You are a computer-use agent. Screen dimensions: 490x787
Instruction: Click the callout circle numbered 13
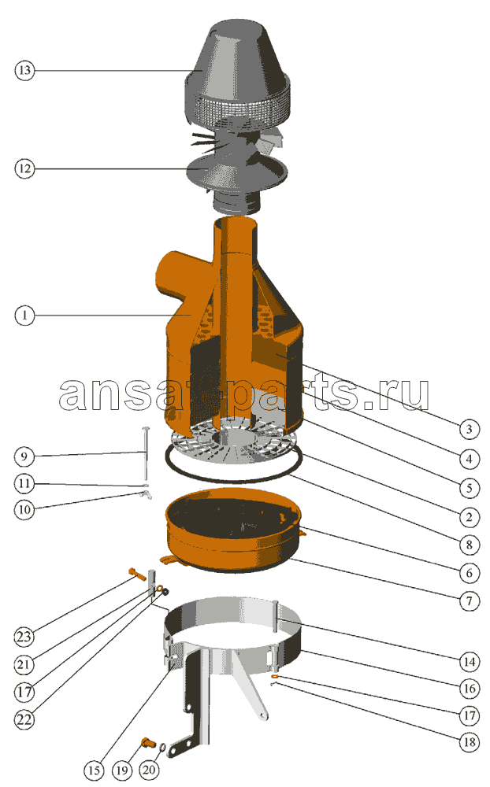pos(24,70)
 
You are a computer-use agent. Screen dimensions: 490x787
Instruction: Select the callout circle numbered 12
pos(24,168)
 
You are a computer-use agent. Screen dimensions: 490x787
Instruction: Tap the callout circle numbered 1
pos(24,316)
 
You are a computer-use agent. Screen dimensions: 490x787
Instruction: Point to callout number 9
pos(24,456)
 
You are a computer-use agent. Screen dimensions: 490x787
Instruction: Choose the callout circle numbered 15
pos(94,770)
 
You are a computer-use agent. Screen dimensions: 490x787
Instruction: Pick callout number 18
pos(469,742)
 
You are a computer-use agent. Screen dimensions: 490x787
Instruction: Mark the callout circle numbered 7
pos(469,601)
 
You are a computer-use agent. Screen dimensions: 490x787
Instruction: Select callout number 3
pos(469,429)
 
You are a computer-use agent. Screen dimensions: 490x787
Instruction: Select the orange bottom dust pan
pos(234,532)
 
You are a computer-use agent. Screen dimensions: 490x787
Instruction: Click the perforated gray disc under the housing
pos(233,442)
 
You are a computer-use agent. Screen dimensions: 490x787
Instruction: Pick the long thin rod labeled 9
pos(147,453)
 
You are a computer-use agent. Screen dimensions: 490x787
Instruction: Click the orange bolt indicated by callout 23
pos(137,573)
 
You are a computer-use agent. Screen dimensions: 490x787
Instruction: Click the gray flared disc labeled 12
pos(237,173)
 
